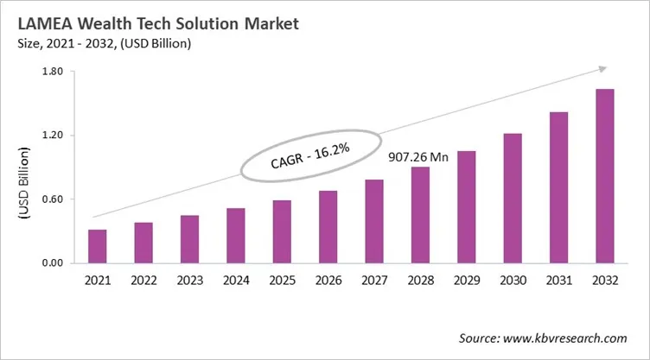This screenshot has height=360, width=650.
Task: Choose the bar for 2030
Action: tap(513, 198)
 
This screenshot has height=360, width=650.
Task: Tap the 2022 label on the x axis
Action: tap(143, 281)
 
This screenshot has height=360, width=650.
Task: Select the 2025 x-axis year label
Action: tap(282, 281)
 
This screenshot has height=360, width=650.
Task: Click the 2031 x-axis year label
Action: tap(558, 281)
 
